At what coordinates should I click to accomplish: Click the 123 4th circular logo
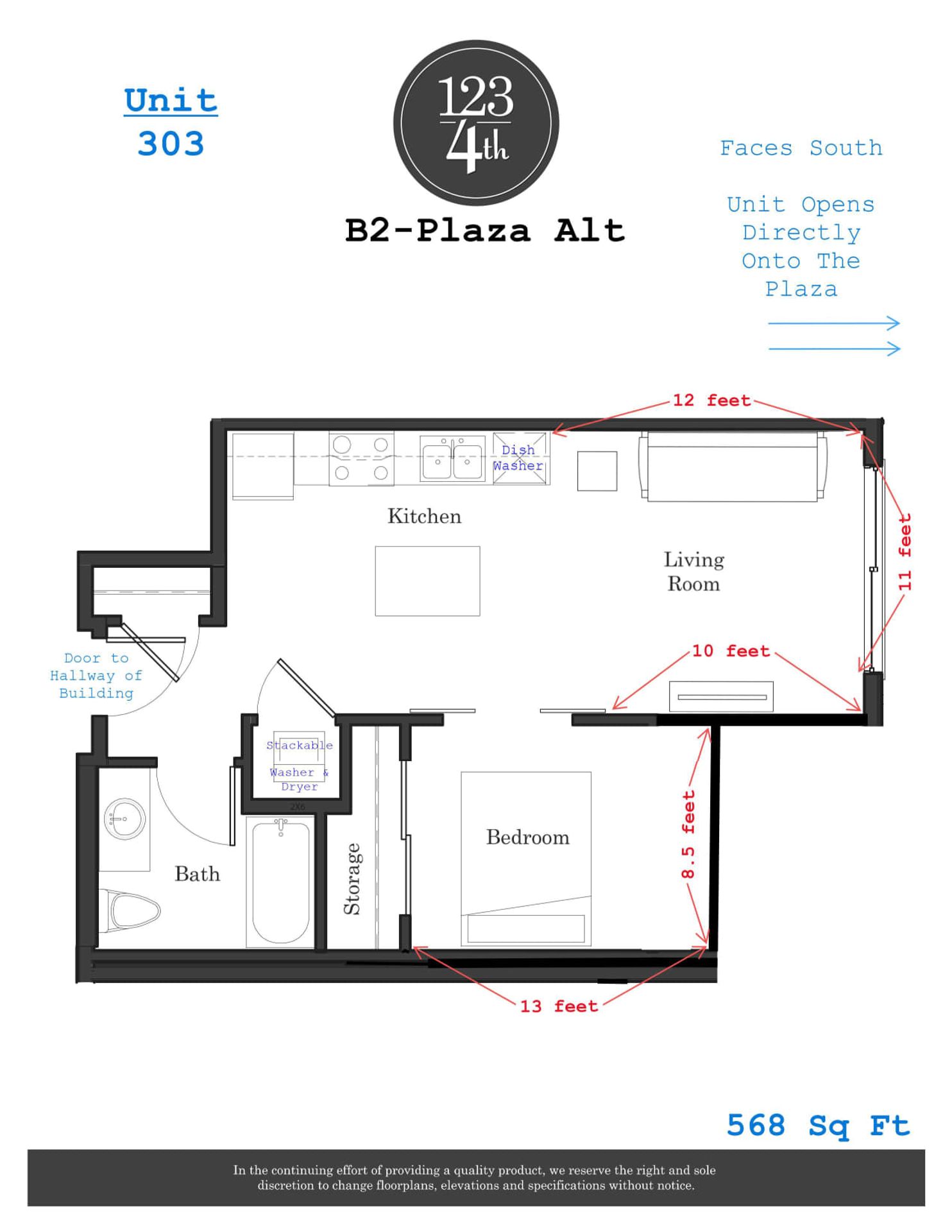(476, 123)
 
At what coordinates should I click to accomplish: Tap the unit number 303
(171, 144)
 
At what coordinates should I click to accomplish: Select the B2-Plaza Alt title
(485, 230)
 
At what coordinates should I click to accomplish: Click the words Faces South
(801, 148)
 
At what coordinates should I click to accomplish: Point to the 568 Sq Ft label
(818, 1125)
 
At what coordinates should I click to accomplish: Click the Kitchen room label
(424, 517)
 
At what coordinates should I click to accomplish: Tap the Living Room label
(693, 572)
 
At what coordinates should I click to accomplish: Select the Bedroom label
(527, 837)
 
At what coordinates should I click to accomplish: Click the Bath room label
(197, 874)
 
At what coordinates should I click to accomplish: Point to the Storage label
(352, 878)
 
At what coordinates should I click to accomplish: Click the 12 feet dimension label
(711, 400)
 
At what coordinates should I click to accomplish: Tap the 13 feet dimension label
(559, 1006)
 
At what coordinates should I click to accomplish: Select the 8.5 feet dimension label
(688, 834)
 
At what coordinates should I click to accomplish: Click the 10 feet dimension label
(730, 651)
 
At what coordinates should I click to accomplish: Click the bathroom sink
(124, 819)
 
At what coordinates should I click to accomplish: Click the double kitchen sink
(452, 458)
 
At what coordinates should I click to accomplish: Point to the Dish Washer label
(518, 458)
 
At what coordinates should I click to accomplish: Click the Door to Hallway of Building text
(96, 676)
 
